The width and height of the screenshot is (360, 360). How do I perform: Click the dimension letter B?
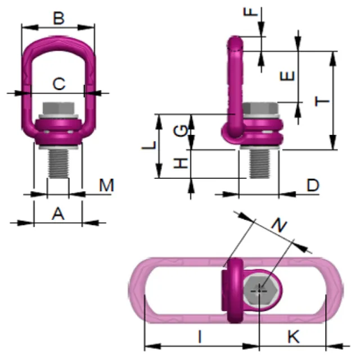click(58, 18)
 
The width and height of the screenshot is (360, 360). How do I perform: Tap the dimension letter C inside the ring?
click(59, 84)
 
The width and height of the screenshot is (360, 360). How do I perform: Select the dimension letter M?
click(106, 185)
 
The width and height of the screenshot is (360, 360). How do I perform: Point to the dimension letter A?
click(58, 214)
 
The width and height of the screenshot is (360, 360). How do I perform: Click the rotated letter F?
click(251, 11)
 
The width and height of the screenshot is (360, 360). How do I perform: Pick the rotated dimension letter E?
click(287, 76)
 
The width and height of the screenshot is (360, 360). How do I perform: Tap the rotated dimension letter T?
click(322, 101)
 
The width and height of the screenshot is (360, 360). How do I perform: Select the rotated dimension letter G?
click(181, 131)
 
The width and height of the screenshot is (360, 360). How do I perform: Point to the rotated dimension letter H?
click(181, 163)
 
